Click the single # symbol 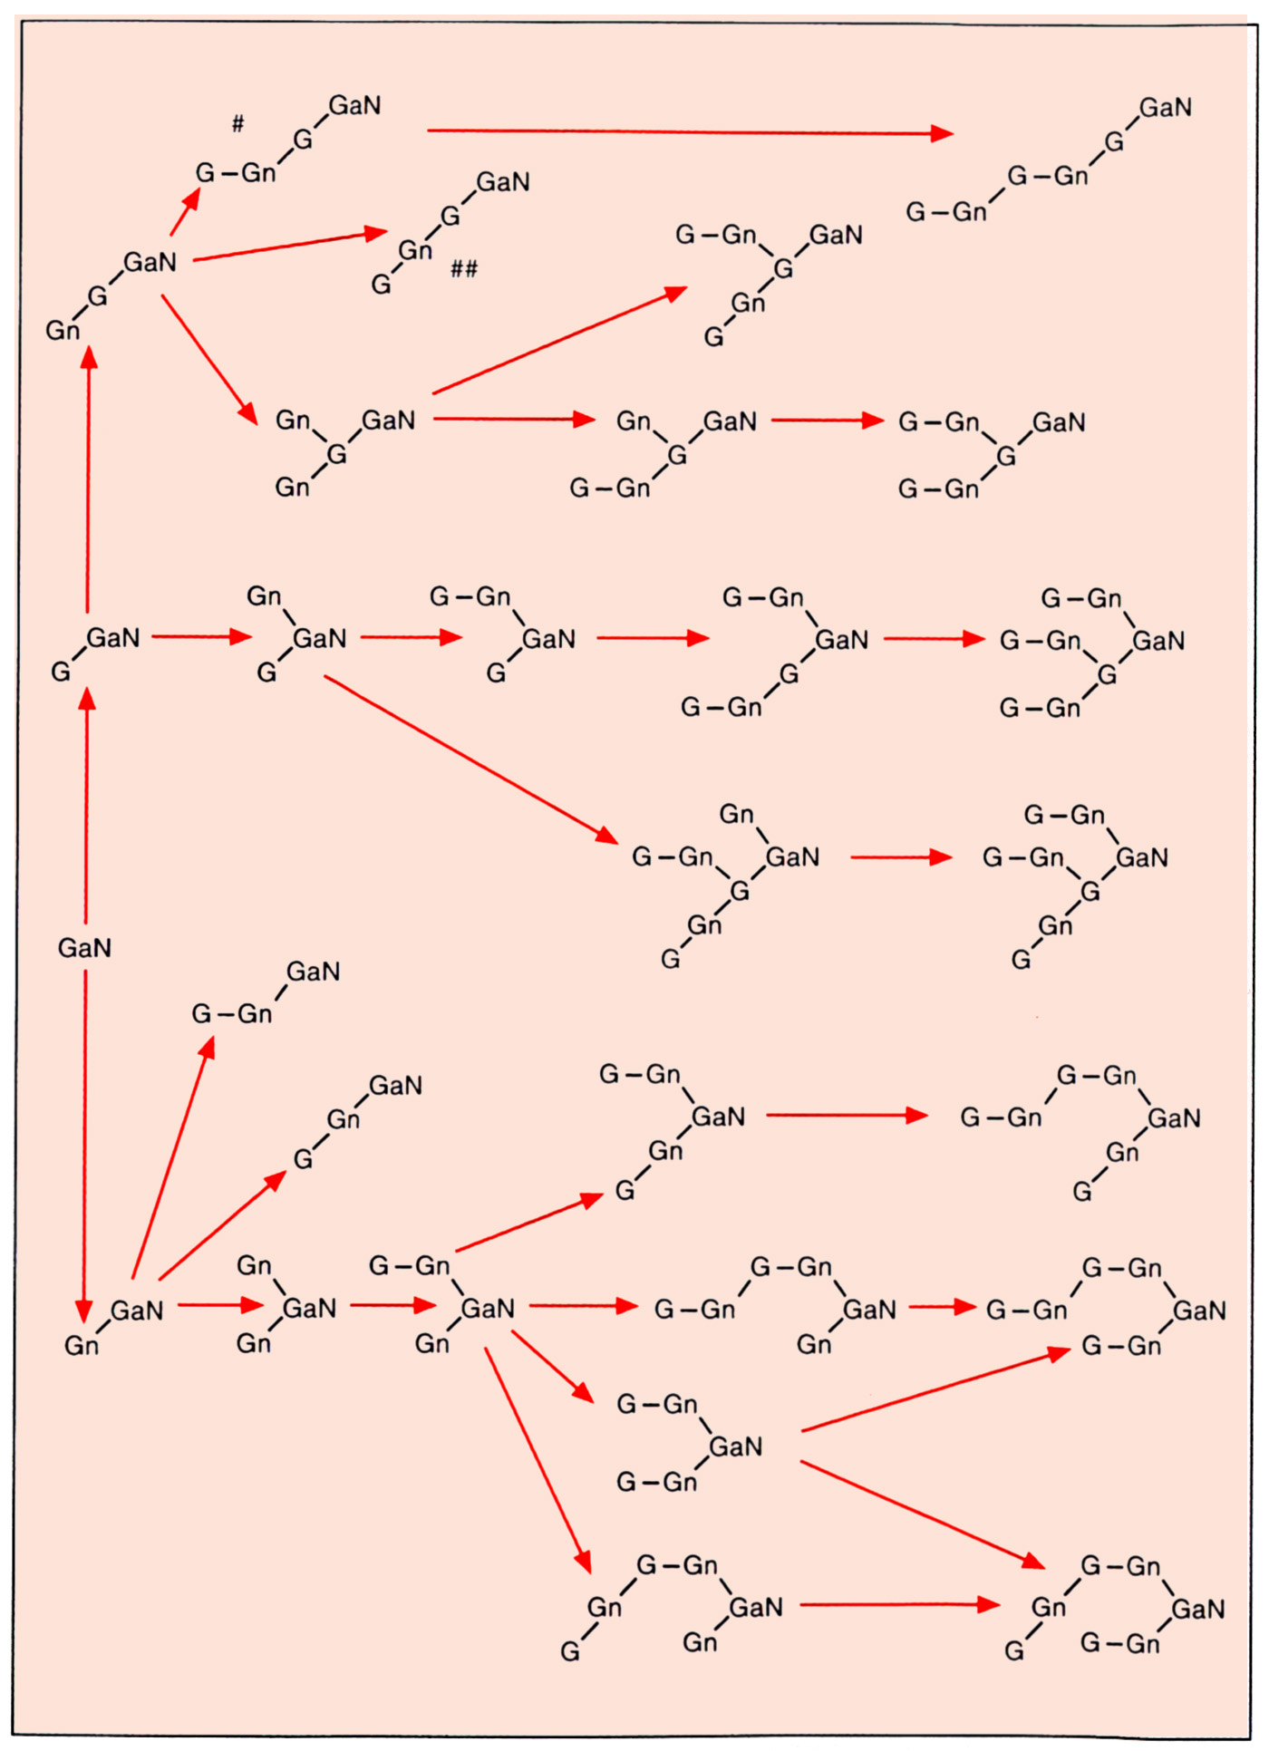click(x=237, y=123)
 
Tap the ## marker click(x=464, y=268)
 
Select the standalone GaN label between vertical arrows click(x=84, y=948)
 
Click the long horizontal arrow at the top click(x=689, y=132)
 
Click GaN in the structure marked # click(x=354, y=106)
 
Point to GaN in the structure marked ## click(x=503, y=183)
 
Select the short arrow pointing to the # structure click(x=186, y=211)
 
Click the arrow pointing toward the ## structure click(x=290, y=246)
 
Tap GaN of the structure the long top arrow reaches click(x=1165, y=108)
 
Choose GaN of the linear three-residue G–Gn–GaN click(x=313, y=972)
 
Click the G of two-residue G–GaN click(x=61, y=672)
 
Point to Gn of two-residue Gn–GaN click(x=82, y=1346)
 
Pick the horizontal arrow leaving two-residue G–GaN click(x=201, y=637)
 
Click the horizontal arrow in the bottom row click(x=899, y=1605)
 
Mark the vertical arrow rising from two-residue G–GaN click(x=88, y=480)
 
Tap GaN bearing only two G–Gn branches click(x=735, y=1446)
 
